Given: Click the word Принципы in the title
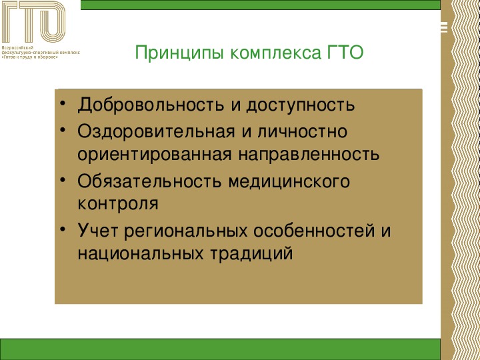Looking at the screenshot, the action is pos(180,53).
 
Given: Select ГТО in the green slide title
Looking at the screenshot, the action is pos(345,52).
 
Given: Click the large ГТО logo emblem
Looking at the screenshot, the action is pos(33,21).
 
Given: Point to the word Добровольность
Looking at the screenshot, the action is pos(151,105).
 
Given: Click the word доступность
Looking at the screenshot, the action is pos(301,105).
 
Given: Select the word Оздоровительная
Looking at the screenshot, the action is pos(156,132).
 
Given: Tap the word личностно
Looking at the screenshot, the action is pos(303,131).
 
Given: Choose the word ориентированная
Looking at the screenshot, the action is pos(155,154).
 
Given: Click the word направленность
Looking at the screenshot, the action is pos(309,154).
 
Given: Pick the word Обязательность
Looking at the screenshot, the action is pos(149,181).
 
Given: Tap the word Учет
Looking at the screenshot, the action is pos(97,230).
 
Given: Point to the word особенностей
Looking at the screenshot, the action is pos(314,230).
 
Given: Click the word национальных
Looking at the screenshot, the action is pos(140,253).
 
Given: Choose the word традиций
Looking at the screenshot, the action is pos(251,254).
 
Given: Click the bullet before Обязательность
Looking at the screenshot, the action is pos(63,180).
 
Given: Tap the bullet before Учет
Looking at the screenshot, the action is pos(63,229).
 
